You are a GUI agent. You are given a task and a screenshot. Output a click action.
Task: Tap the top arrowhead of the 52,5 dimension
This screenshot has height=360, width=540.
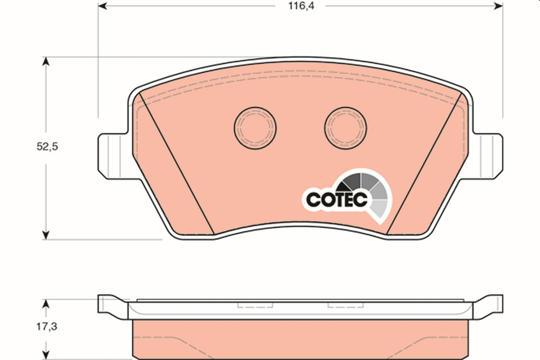(46, 62)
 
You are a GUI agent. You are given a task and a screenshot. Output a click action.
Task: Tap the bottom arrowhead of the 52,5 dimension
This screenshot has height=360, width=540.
(46, 234)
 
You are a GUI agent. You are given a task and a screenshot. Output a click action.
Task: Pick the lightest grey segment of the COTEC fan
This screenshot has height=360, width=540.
(380, 208)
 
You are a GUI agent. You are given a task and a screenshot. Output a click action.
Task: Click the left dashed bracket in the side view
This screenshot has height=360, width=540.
(255, 305)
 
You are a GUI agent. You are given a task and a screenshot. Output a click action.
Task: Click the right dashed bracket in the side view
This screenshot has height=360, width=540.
(346, 305)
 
